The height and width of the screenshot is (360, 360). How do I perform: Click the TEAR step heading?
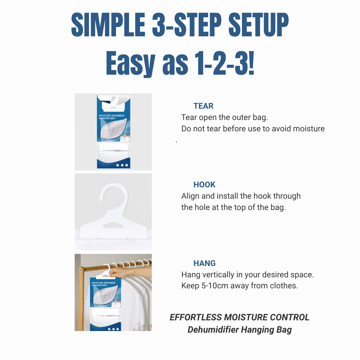(203, 106)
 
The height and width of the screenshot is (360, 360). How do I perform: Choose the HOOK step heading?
(204, 185)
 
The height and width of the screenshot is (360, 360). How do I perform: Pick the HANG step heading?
(204, 263)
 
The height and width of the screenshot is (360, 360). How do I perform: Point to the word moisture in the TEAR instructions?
(309, 129)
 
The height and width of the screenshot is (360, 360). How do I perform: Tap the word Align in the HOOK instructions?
(190, 196)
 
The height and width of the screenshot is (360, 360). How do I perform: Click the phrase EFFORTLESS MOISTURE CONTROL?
(240, 317)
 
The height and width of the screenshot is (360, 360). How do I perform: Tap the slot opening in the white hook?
(113, 226)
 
